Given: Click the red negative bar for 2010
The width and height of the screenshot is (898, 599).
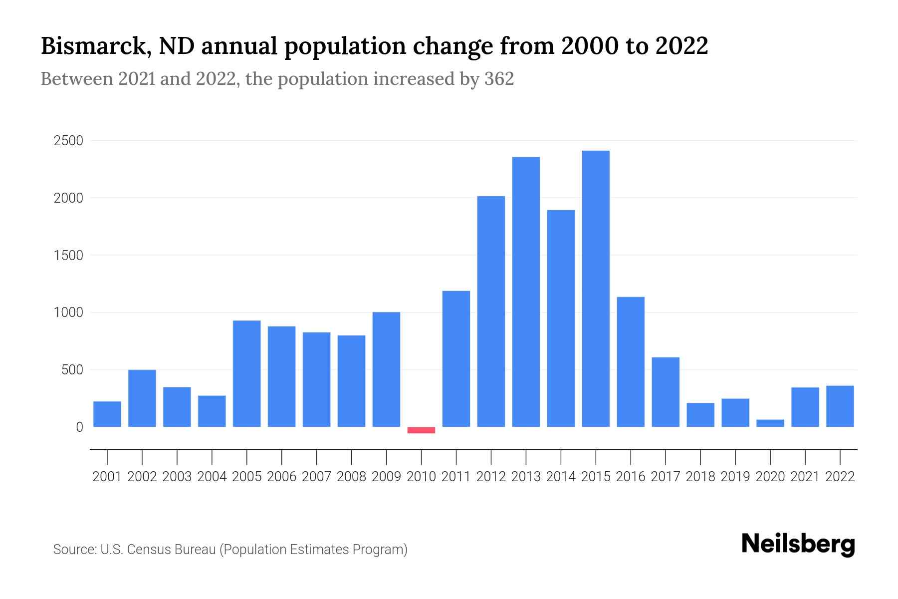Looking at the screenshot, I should [421, 430].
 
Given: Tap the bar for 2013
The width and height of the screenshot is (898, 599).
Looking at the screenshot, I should [526, 292].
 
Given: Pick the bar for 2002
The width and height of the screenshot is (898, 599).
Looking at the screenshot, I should [142, 398].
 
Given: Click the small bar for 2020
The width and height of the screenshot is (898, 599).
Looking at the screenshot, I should [770, 423].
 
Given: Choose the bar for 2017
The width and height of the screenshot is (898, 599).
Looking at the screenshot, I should [666, 392].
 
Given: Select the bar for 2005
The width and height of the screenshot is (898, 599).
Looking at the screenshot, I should [247, 373].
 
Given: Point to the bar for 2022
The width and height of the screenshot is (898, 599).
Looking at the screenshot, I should [840, 406].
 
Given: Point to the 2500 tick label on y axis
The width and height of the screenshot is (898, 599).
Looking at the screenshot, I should [68, 141].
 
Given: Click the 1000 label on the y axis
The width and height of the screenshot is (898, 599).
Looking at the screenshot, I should [68, 312].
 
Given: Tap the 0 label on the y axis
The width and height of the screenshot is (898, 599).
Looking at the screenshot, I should [79, 427].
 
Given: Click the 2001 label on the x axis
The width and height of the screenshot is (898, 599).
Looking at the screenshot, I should [107, 477].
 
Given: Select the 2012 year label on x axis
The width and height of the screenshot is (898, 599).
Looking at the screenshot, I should [491, 477].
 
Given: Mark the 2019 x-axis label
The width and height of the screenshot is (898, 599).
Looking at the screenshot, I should [735, 477].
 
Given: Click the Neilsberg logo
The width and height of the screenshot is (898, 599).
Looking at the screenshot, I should [798, 544].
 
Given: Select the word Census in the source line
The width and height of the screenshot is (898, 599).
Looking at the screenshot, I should [149, 550].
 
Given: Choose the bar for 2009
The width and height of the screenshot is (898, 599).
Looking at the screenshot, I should [386, 369].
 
